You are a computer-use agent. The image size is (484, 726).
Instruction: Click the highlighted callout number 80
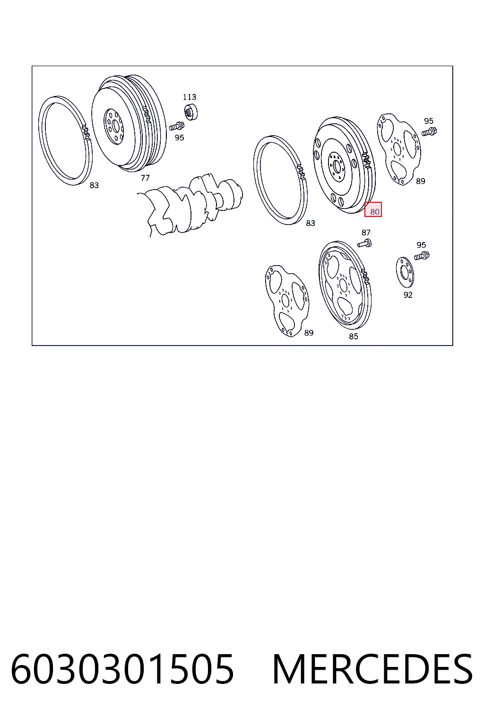[374, 212]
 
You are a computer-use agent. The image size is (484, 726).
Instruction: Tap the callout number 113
[190, 97]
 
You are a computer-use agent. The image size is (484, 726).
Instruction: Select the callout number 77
[145, 178]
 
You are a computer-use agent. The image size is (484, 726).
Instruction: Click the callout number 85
[354, 337]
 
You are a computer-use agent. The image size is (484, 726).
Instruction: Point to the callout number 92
[408, 294]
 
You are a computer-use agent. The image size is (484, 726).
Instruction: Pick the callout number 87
[366, 233]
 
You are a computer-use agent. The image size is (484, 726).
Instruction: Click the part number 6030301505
[122, 670]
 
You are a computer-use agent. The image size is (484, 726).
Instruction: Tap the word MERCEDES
[372, 670]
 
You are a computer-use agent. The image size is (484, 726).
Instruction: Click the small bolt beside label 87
[364, 243]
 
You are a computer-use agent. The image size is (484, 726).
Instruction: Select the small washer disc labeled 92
[405, 272]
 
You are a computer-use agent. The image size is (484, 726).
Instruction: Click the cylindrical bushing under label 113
[191, 112]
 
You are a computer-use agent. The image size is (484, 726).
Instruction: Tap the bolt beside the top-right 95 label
[429, 132]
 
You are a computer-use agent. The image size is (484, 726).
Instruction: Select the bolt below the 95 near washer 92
[422, 256]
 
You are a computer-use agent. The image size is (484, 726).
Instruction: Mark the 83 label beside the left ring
[94, 185]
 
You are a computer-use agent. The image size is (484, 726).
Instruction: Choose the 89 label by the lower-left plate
[309, 333]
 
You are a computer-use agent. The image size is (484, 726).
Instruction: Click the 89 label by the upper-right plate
[421, 181]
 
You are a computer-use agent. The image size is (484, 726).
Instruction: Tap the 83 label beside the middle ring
[311, 223]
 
